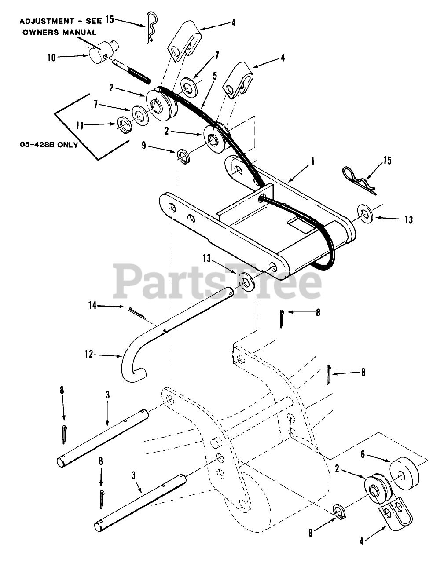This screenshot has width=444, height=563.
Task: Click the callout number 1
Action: (312, 161)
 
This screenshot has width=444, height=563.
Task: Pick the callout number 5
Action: (215, 76)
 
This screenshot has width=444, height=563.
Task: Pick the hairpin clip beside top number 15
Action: (150, 27)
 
